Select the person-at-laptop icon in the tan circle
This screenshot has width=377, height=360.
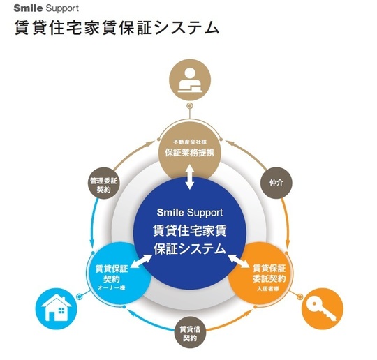tap(190, 80)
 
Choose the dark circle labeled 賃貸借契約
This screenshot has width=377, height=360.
tap(190, 333)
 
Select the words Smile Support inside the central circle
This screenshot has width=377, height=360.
tap(190, 211)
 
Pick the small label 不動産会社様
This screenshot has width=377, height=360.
tap(190, 142)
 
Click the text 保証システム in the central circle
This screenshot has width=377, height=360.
tap(190, 248)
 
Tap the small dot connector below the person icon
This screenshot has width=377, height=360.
tap(190, 107)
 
